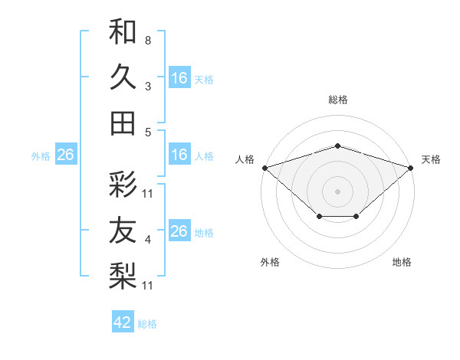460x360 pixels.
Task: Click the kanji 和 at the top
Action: pos(123,32)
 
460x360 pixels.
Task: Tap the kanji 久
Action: pos(123,77)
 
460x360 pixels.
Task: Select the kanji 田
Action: pos(123,122)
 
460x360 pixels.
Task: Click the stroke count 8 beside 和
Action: pos(147,40)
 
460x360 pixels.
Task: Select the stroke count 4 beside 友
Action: pos(147,240)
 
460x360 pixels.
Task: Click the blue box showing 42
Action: pos(123,322)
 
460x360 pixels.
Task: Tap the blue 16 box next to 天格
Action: pos(179,77)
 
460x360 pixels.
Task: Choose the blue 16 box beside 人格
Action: pos(179,155)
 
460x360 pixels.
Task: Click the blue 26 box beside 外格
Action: pos(65,155)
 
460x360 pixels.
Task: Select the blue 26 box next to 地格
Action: pos(179,231)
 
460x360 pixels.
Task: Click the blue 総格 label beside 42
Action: pos(147,324)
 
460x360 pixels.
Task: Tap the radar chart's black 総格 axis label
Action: pos(337,100)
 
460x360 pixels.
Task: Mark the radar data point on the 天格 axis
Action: pos(412,167)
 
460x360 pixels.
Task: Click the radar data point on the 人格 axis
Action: pos(264,167)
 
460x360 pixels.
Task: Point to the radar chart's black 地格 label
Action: pos(402,263)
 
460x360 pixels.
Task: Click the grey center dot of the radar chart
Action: pos(337,191)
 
